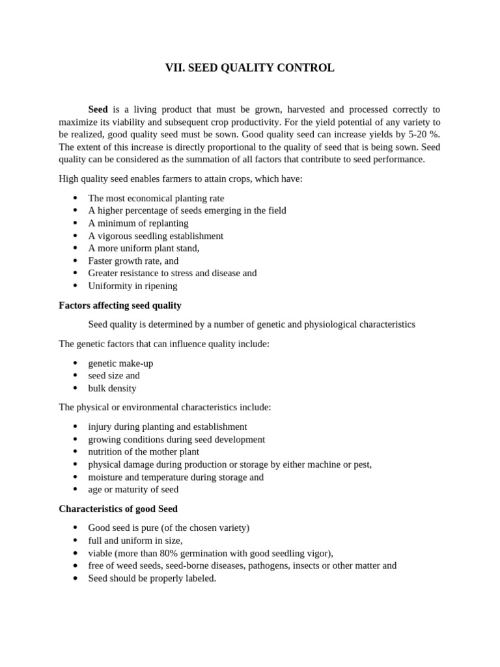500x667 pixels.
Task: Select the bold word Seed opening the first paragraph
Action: pos(98,109)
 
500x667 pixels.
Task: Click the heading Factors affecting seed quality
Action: pos(120,305)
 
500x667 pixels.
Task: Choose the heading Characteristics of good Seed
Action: pos(118,508)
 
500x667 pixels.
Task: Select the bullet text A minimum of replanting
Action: pos(138,223)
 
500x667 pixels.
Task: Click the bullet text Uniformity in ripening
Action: pos(133,286)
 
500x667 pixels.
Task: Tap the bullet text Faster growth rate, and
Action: pos(133,261)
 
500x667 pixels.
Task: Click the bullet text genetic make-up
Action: pos(120,363)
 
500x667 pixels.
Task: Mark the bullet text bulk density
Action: pos(112,388)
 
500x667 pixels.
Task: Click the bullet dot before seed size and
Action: pos(76,376)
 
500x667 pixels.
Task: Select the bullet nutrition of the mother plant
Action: pos(144,451)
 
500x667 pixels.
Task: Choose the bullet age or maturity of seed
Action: pos(133,489)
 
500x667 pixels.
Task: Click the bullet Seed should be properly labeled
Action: pos(152,578)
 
